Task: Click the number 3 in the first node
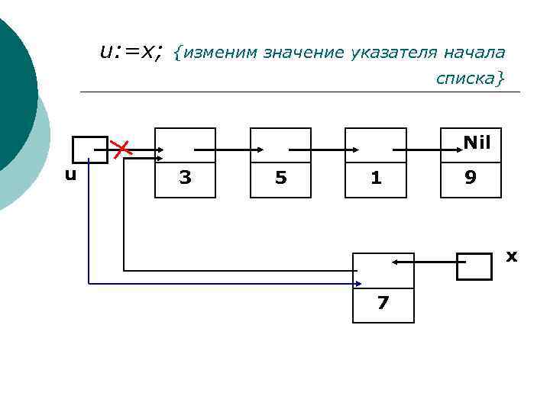click(x=185, y=178)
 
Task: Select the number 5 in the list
click(x=280, y=178)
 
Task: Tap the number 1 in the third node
click(x=375, y=178)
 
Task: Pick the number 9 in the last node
click(x=471, y=178)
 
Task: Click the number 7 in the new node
click(x=383, y=303)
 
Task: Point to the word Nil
click(x=477, y=142)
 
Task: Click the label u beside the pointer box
click(x=70, y=175)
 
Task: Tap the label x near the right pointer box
click(x=512, y=256)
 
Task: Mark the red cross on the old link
click(x=121, y=149)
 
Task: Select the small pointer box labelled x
click(x=474, y=266)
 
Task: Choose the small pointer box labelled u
click(x=90, y=149)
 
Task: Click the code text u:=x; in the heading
click(x=131, y=51)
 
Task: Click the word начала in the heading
click(x=474, y=53)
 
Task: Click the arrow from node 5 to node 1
click(x=316, y=150)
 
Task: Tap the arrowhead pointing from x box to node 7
click(x=396, y=262)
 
